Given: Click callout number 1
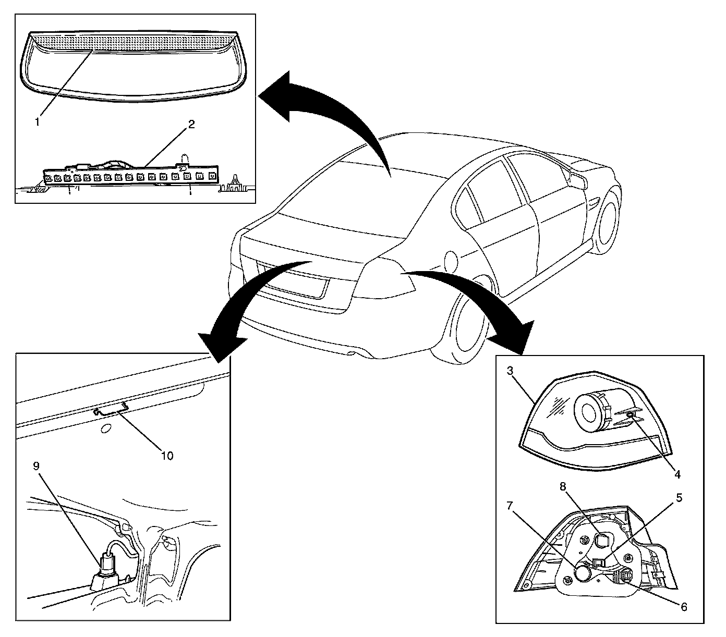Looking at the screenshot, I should coord(37,121).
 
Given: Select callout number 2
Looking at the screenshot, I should coord(191,125).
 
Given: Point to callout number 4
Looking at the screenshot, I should coord(677,475).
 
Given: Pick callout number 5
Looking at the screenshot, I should coord(679,497).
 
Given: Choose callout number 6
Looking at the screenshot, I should coord(683,607).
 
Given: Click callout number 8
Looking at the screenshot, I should coord(563,486).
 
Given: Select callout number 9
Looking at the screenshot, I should coord(36,465).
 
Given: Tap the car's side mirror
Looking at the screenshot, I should coord(578,180).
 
